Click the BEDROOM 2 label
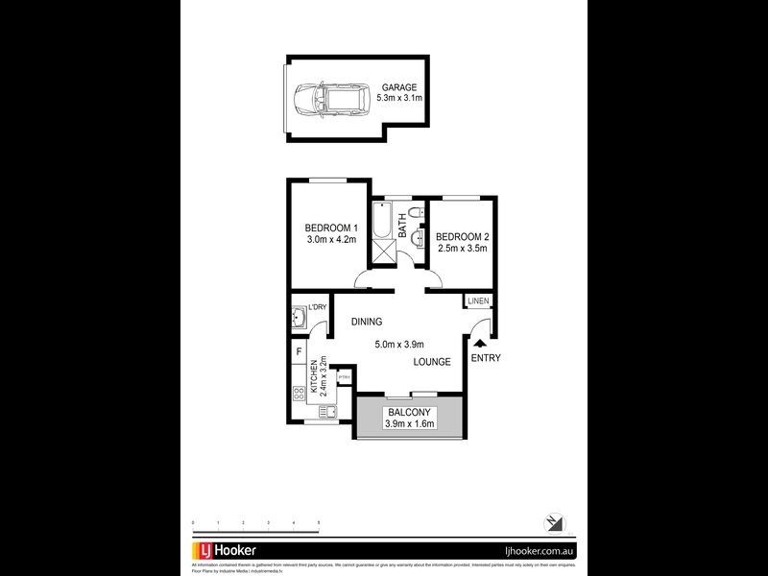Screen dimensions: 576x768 tap(463, 236)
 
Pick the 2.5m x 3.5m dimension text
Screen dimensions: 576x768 tap(463, 248)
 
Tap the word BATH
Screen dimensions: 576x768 tap(404, 231)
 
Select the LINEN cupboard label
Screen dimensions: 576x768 tap(479, 301)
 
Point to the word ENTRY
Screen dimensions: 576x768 tap(486, 358)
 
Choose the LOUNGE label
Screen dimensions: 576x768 tap(433, 362)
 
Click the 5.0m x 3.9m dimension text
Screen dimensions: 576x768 tap(398, 345)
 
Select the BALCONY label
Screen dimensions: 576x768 tap(410, 413)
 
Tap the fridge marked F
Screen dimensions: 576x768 tap(299, 352)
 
